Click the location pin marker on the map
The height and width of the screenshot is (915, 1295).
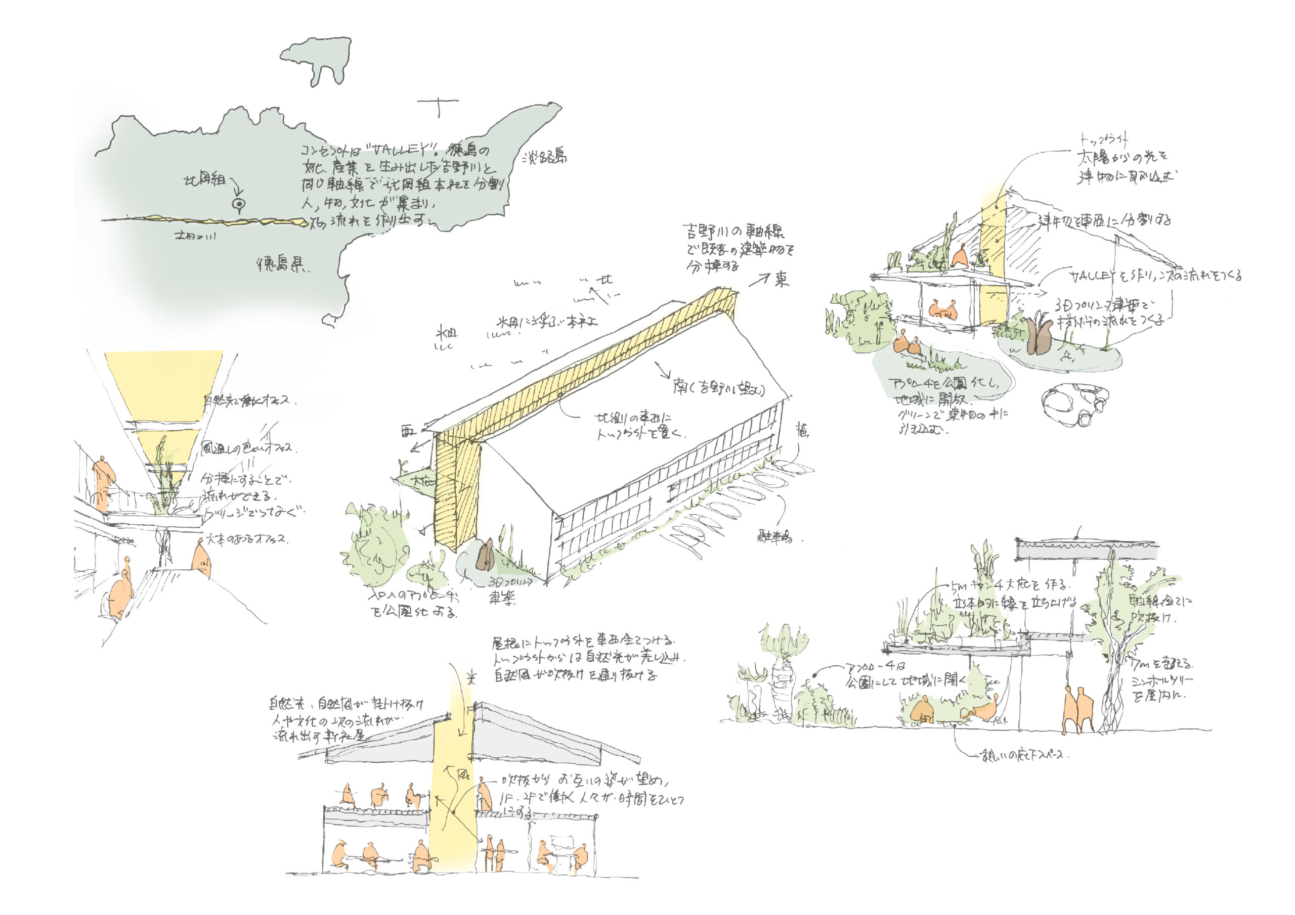[x=239, y=205]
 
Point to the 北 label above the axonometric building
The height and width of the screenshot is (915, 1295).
[x=605, y=279]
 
